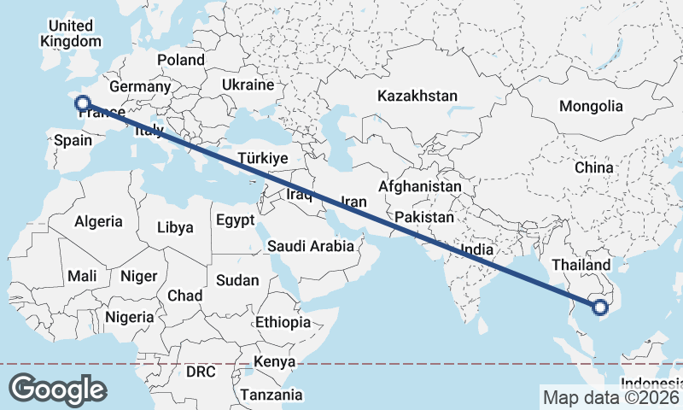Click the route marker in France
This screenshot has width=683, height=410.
tap(83, 104)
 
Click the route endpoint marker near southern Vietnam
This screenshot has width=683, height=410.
tap(600, 307)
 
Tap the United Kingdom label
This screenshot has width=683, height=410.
tap(71, 33)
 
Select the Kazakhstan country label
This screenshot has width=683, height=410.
tap(418, 96)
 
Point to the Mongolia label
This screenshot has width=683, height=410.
tap(591, 107)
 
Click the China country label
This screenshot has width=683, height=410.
tap(593, 168)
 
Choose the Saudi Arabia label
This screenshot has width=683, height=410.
tap(310, 246)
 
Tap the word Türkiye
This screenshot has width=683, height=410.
tap(263, 159)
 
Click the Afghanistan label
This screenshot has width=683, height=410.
tap(420, 186)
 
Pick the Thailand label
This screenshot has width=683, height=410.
tap(581, 266)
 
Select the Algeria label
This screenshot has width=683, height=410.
tap(98, 221)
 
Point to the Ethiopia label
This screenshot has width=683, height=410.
tap(283, 322)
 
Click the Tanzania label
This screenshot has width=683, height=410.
tap(271, 395)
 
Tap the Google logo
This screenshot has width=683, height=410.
tap(57, 389)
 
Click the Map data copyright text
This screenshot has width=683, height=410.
tap(611, 397)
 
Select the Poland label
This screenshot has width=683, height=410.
tap(180, 60)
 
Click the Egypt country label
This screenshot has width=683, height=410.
tap(235, 220)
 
